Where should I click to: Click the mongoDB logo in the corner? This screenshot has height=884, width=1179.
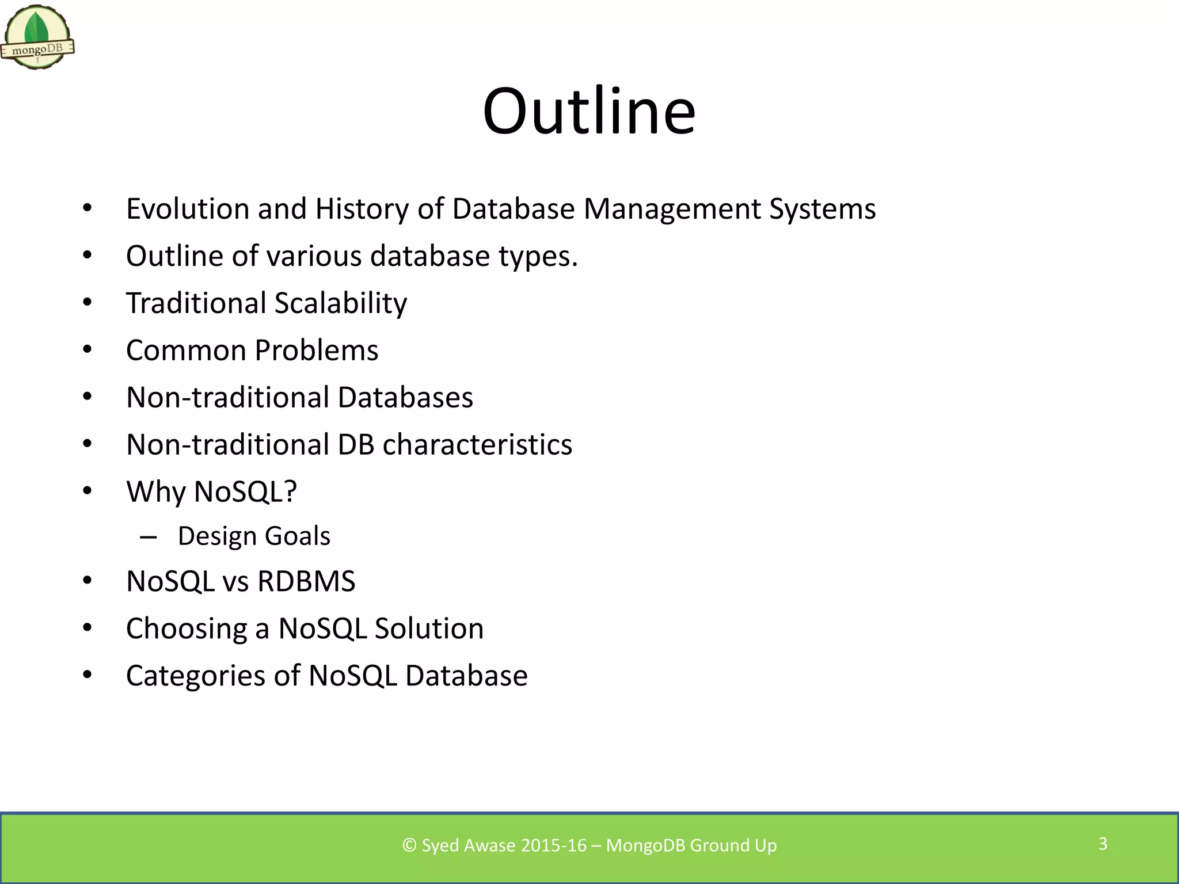(37, 38)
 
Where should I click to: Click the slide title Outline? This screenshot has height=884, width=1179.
(589, 110)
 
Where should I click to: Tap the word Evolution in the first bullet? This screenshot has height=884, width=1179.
(188, 208)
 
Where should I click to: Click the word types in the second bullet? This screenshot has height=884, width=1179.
(534, 257)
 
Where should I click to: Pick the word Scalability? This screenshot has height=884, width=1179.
(341, 303)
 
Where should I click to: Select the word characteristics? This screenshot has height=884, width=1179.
(477, 444)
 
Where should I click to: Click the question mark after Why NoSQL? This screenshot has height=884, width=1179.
(291, 491)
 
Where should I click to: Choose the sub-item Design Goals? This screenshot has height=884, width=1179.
(254, 536)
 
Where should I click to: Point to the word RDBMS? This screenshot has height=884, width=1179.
(306, 581)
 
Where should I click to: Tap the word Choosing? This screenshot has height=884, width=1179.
(187, 628)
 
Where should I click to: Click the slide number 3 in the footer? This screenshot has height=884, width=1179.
(1102, 844)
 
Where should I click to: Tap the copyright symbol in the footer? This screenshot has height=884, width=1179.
(409, 845)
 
